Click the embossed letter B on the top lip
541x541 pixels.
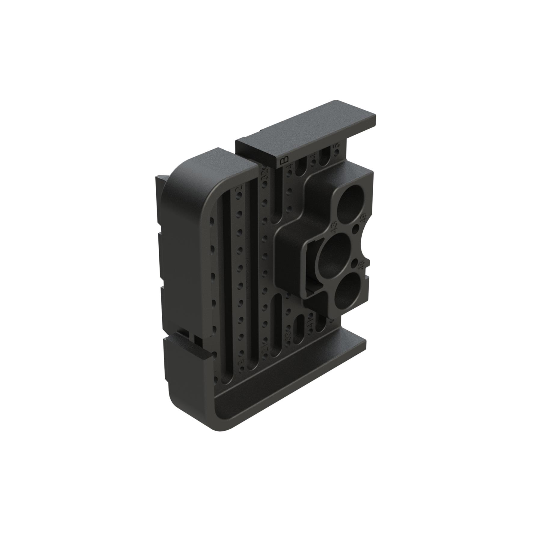click(x=283, y=160)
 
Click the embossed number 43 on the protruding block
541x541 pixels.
click(x=334, y=228)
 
